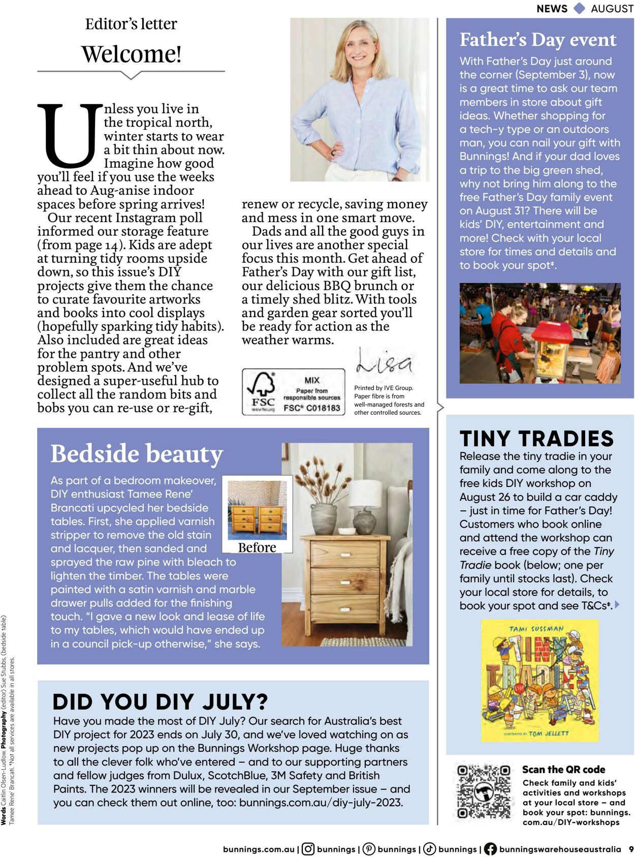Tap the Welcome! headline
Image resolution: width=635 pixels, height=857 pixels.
[x=131, y=54]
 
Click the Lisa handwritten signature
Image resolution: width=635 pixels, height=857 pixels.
[x=384, y=362]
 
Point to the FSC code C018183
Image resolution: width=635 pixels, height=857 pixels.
[x=312, y=408]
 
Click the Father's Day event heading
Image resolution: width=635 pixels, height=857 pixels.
[x=537, y=40]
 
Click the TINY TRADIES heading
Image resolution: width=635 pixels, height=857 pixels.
[x=536, y=438]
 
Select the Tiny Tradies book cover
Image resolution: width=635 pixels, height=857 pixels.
[x=540, y=680]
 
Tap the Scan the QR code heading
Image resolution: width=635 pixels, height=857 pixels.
[x=563, y=769]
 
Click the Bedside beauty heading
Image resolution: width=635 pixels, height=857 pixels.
[x=137, y=453]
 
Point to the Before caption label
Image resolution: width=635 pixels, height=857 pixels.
[x=257, y=547]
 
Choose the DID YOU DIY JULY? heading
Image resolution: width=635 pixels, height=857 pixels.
[x=160, y=701]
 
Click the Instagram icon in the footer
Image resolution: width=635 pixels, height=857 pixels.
[x=308, y=849]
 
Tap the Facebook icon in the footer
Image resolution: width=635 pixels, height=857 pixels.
[x=490, y=849]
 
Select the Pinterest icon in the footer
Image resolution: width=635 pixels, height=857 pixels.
[x=369, y=849]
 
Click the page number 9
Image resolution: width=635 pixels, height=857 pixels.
[x=631, y=849]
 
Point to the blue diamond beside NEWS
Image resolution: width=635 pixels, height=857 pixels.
[x=579, y=8]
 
